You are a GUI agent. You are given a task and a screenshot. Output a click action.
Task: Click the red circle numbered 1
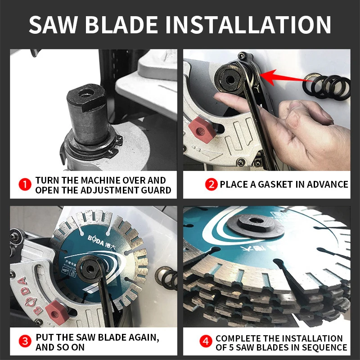(x=25, y=184)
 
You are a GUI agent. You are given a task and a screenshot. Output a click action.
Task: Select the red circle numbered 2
(x=211, y=184)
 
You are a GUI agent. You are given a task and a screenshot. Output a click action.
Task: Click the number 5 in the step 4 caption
(x=238, y=347)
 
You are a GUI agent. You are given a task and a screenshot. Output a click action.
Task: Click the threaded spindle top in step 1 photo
(x=85, y=94)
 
